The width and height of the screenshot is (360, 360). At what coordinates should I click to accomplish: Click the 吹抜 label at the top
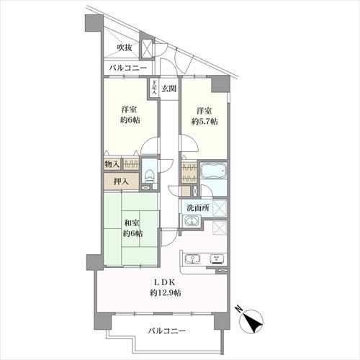(124, 48)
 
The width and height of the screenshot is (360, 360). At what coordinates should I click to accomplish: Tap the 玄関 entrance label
(168, 89)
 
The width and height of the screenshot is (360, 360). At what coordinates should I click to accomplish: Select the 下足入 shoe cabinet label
(154, 89)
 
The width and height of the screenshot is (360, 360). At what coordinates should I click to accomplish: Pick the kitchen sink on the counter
(193, 259)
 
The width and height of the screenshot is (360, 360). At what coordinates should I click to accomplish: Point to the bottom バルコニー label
(167, 331)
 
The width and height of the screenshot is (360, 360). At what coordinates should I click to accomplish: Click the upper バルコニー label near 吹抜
(127, 68)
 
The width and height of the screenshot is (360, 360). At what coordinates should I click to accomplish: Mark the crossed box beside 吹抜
(147, 48)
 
